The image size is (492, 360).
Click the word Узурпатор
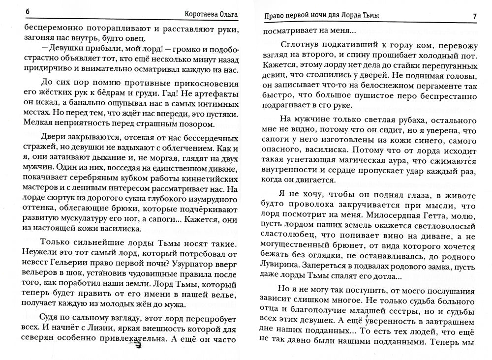click(176, 261)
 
